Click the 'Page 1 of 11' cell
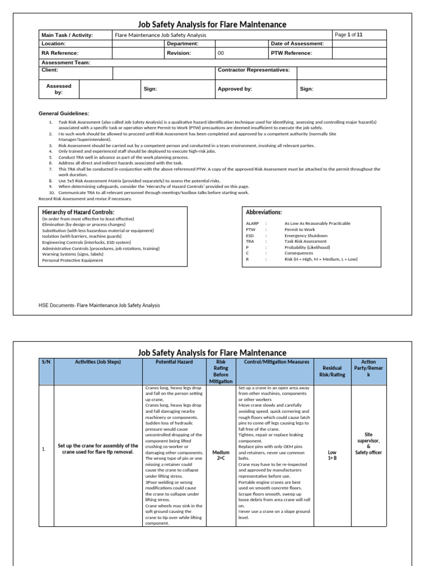point(349,35)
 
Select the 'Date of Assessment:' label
point(297,43)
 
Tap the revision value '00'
point(221,53)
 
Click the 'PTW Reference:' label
point(291,53)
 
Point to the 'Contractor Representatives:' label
point(254,70)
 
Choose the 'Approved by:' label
point(235,88)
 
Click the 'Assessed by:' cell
point(59,89)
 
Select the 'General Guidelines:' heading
point(64,113)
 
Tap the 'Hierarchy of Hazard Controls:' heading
point(78,212)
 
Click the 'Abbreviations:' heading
point(263,212)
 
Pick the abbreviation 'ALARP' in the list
point(252,223)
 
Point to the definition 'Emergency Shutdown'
point(306,235)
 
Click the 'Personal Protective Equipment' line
point(72,260)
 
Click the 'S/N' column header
point(45,361)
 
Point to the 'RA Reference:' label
point(60,53)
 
